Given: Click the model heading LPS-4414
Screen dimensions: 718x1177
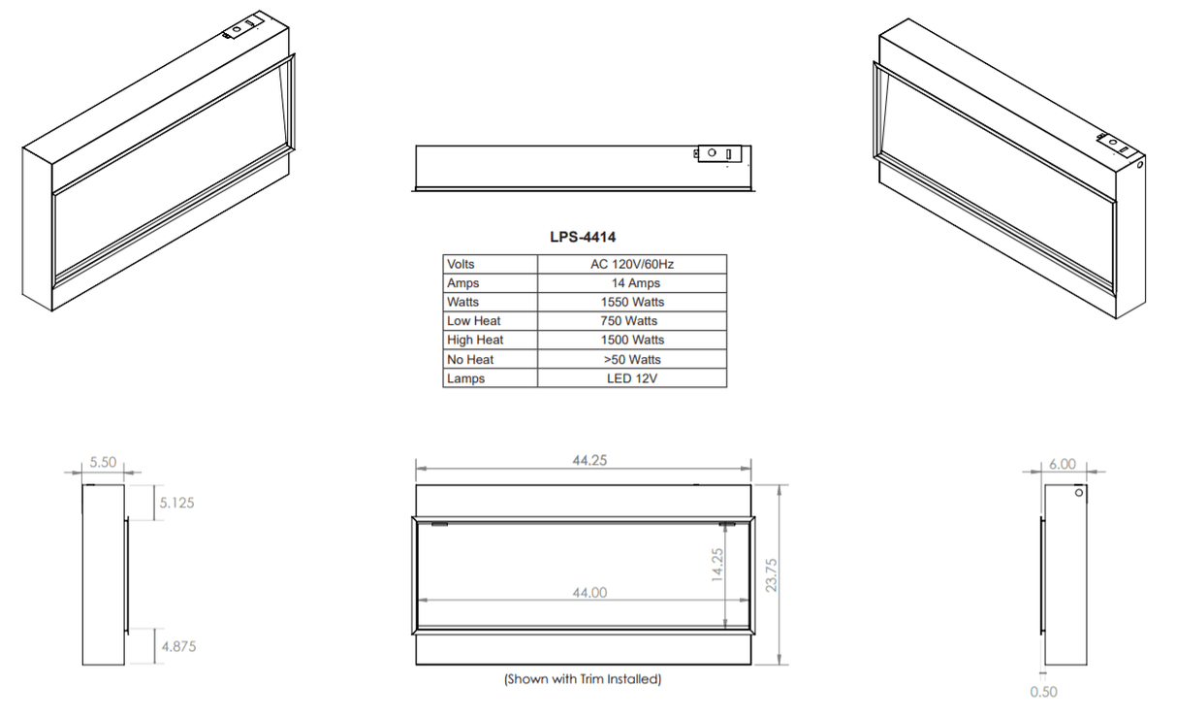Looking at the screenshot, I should point(583,237).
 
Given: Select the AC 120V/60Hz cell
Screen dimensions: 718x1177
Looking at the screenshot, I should point(632,264).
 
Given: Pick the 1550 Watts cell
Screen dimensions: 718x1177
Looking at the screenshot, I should point(632,302).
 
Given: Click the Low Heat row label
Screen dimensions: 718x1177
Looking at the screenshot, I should point(474,321).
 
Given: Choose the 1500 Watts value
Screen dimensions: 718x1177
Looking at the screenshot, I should point(632,340).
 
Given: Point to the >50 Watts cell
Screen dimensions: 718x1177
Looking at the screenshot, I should point(632,359).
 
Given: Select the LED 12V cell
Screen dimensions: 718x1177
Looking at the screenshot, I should point(632,378).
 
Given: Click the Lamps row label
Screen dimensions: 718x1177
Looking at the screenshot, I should point(465,378).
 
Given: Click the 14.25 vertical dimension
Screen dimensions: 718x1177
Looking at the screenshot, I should point(717,565).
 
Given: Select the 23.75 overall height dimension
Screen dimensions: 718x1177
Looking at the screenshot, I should point(772,574).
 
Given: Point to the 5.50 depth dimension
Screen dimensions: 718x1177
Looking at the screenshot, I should point(103,463).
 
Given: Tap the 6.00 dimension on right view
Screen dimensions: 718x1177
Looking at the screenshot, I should point(1062,464).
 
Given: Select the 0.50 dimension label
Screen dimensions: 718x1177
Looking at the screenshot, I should point(1043,692).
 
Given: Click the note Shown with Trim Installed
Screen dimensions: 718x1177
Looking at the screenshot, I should point(583,679).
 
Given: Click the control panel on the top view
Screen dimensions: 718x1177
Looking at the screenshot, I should point(718,153).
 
